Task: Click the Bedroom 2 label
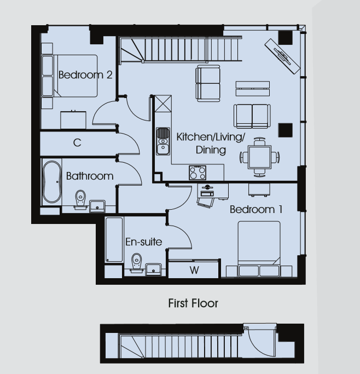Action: click(x=85, y=75)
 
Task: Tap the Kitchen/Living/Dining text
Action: click(x=211, y=143)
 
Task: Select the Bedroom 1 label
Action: click(x=256, y=209)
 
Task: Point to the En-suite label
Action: click(x=144, y=242)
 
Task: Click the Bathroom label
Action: click(x=90, y=176)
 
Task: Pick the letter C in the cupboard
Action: click(x=77, y=142)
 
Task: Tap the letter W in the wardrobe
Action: click(x=194, y=271)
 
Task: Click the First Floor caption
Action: click(x=193, y=303)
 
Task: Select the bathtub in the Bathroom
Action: click(x=51, y=182)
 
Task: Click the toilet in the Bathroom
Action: click(x=80, y=200)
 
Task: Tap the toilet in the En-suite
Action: click(x=137, y=263)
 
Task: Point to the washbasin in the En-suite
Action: click(x=153, y=269)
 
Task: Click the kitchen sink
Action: click(x=163, y=141)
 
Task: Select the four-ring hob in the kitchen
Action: click(x=198, y=172)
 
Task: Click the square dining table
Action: click(x=259, y=157)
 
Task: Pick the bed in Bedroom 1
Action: click(x=259, y=249)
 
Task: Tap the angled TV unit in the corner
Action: click(x=282, y=56)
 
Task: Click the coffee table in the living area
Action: click(x=253, y=89)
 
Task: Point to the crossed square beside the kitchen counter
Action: click(x=163, y=103)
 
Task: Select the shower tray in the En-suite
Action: click(x=114, y=239)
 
